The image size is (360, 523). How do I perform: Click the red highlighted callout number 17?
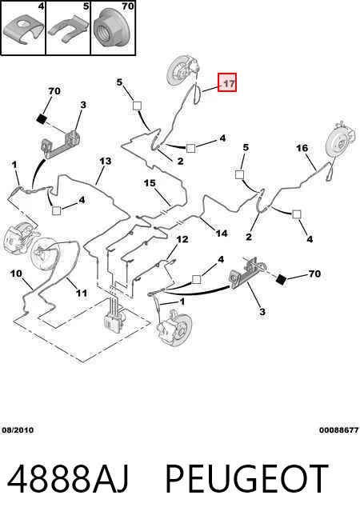pyautogui.click(x=227, y=82)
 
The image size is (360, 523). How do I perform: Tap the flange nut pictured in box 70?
pyautogui.click(x=113, y=30)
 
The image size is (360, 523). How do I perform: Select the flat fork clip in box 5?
pyautogui.click(x=69, y=30)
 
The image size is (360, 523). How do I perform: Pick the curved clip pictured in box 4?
pyautogui.click(x=23, y=31)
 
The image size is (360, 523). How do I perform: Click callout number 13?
pyautogui.click(x=105, y=161)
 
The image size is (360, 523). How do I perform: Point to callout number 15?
pyautogui.click(x=150, y=183)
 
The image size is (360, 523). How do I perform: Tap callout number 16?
pyautogui.click(x=302, y=148)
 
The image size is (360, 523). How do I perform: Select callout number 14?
pyautogui.click(x=222, y=234)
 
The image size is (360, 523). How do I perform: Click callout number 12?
pyautogui.click(x=182, y=239)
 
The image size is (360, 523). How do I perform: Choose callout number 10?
pyautogui.click(x=16, y=273)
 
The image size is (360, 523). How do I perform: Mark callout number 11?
pyautogui.click(x=82, y=293)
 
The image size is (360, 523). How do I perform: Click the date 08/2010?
pyautogui.click(x=18, y=430)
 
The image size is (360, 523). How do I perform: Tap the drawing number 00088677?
pyautogui.click(x=338, y=430)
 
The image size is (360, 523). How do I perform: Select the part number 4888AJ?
pyautogui.click(x=68, y=478)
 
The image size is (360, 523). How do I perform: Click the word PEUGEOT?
pyautogui.click(x=247, y=478)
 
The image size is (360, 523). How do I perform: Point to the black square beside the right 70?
pyautogui.click(x=281, y=280)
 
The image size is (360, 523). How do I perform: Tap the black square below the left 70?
pyautogui.click(x=42, y=118)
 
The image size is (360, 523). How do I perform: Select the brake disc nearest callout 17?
pyautogui.click(x=180, y=73)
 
